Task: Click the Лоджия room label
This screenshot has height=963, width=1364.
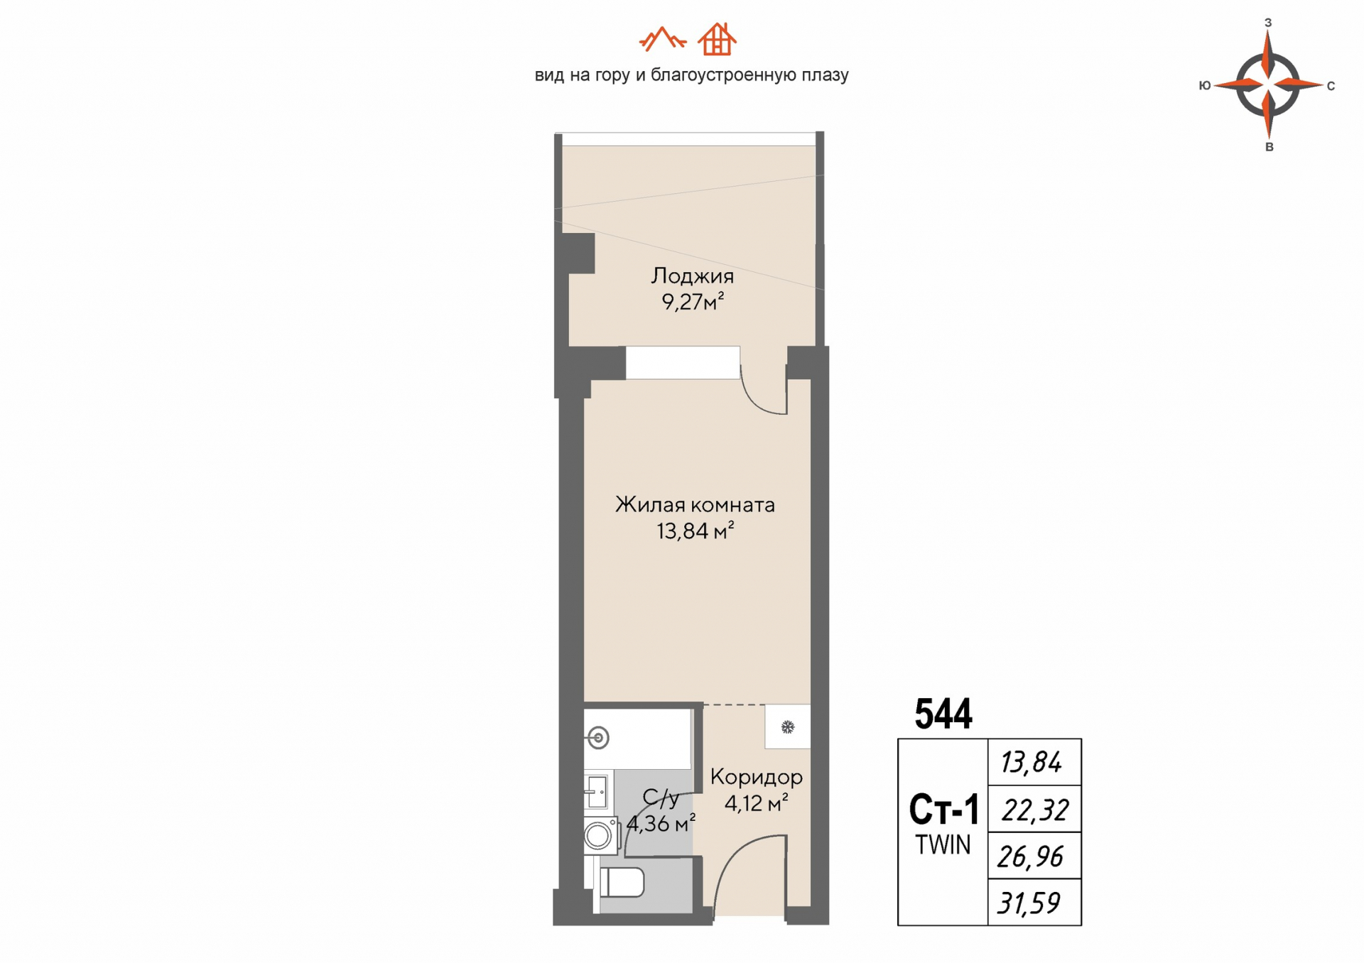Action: (692, 276)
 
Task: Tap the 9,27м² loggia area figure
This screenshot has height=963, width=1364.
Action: (693, 302)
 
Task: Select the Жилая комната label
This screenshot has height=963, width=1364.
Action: (695, 505)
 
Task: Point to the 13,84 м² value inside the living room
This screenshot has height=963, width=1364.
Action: (695, 531)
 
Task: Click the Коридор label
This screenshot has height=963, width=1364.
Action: (757, 778)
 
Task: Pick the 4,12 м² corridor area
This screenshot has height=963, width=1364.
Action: (756, 803)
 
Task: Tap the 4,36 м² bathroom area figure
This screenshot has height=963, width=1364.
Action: (661, 824)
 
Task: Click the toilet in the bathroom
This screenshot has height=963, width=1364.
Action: (622, 883)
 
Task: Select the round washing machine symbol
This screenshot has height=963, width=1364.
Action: (599, 836)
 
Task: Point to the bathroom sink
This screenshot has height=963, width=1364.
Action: (596, 791)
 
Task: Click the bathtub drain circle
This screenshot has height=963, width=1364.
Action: (599, 738)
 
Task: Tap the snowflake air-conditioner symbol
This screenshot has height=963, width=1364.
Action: (787, 727)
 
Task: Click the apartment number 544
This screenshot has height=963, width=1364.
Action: (943, 714)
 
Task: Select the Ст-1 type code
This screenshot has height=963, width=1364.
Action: (944, 809)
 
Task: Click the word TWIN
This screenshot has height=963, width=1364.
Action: (943, 845)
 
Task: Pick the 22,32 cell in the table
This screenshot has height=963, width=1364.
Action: (1034, 809)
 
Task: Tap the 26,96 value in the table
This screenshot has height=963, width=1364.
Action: (1030, 856)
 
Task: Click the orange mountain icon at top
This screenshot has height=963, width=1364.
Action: (662, 39)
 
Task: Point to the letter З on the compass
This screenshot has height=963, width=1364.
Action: (1268, 23)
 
